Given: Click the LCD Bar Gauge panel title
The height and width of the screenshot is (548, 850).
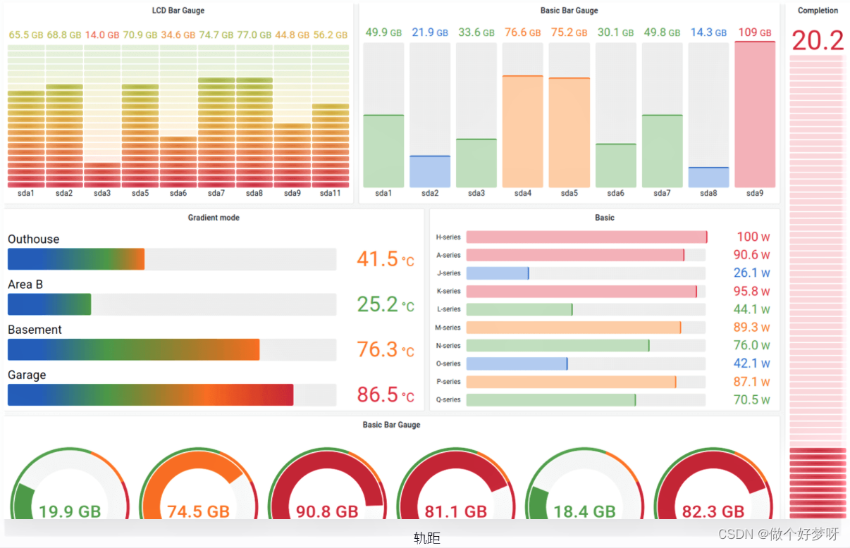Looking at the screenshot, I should [x=178, y=11].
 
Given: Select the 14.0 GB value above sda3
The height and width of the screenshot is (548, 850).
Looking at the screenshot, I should [x=102, y=35].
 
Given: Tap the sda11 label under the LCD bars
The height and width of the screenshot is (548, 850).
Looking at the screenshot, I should [x=331, y=193].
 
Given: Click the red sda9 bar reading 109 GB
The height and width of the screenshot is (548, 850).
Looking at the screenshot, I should [x=755, y=114].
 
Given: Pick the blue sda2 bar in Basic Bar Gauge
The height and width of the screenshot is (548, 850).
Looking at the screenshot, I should [x=430, y=171].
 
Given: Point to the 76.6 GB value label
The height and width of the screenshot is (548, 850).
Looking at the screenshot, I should [x=522, y=32].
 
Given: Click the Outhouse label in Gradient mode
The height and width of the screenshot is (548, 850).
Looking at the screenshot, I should [x=34, y=239].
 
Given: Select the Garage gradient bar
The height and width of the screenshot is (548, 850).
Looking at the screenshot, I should [x=150, y=394].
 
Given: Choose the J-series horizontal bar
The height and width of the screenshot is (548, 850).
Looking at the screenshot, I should [x=497, y=273].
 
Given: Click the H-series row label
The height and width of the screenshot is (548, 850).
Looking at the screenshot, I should [x=448, y=237].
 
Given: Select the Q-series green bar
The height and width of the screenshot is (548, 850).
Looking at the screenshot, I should [x=550, y=400].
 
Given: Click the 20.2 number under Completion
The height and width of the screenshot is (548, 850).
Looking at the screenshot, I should [x=818, y=40].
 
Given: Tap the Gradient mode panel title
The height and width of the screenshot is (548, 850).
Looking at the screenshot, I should [x=214, y=218].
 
